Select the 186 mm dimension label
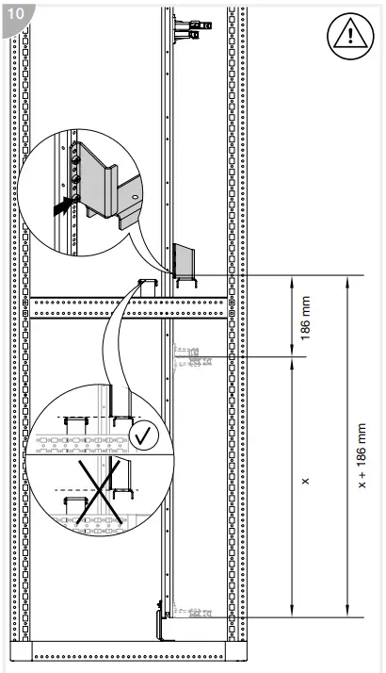[x=305, y=318]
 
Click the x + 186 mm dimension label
[x=362, y=455]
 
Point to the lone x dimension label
[x=305, y=481]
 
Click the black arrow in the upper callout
[x=62, y=206]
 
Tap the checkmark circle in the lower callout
[x=145, y=435]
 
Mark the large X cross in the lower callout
[x=100, y=492]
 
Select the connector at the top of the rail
[x=192, y=25]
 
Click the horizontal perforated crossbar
[x=129, y=307]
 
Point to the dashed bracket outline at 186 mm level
[x=192, y=355]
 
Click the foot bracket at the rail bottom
[x=163, y=622]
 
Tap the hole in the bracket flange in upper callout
[x=135, y=196]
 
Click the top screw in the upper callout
[x=76, y=159]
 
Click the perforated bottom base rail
[x=129, y=651]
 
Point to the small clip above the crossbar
[x=148, y=283]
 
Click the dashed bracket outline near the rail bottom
[x=193, y=613]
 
